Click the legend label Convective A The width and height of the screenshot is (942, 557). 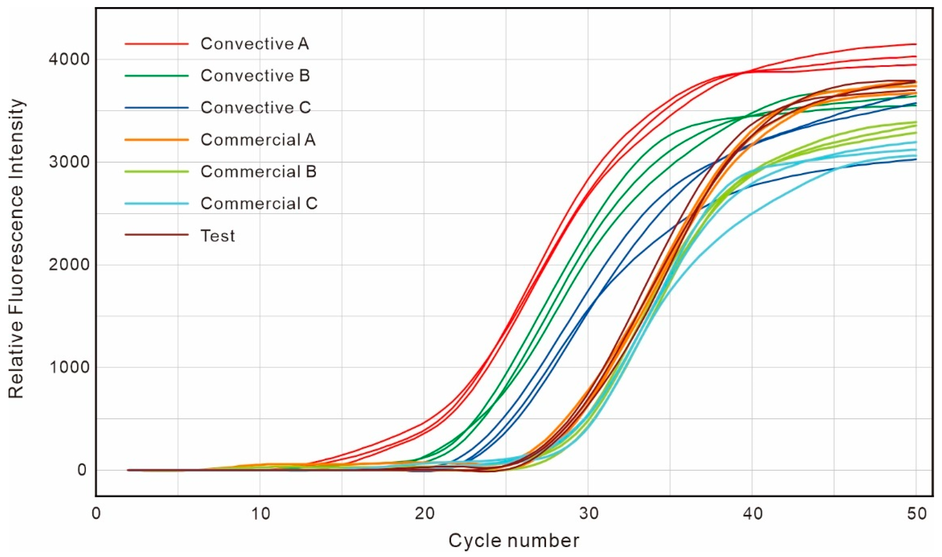click(x=254, y=44)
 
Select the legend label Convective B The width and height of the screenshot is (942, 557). click(x=255, y=76)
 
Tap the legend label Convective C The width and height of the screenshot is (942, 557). click(x=255, y=108)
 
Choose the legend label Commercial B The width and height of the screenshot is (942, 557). click(x=258, y=171)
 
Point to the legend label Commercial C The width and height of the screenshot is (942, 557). click(x=259, y=204)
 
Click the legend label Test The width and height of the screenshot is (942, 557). click(x=218, y=236)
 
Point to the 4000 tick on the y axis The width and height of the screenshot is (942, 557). click(x=69, y=59)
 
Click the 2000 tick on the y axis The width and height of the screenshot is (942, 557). click(x=69, y=265)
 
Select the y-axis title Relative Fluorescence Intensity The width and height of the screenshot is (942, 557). click(x=17, y=248)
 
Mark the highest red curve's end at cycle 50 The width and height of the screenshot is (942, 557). click(x=916, y=44)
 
